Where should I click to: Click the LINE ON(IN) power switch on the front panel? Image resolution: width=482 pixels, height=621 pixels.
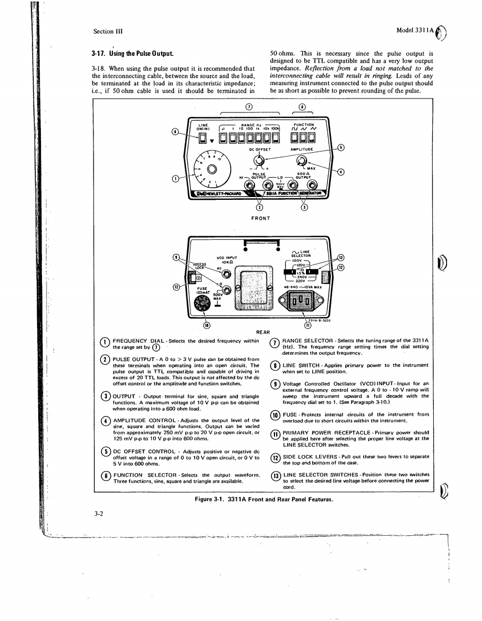(x=204, y=136)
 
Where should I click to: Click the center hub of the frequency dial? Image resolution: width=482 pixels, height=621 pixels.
(x=213, y=169)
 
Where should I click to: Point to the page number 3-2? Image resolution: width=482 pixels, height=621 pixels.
(x=98, y=513)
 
